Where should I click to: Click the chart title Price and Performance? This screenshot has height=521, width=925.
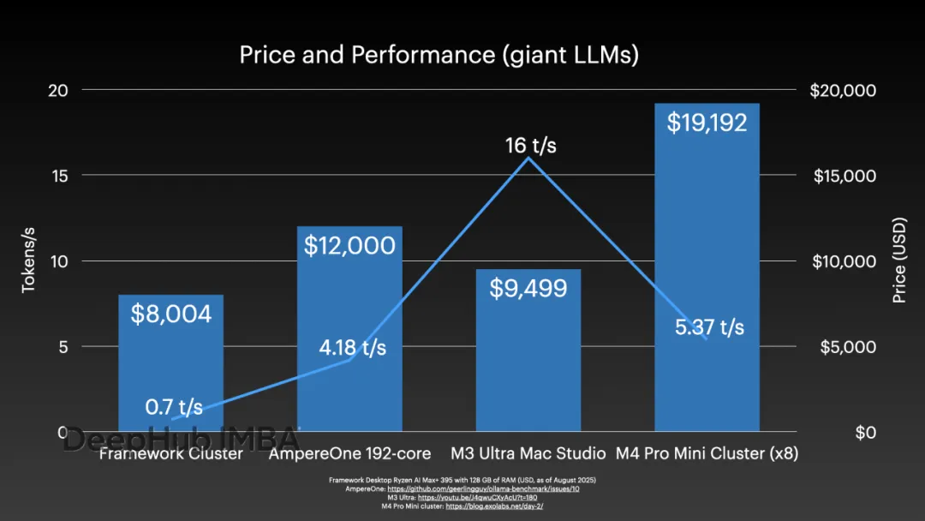(439, 56)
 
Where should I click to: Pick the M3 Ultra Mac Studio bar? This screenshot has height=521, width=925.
(528, 360)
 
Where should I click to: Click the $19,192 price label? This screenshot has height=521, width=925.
(707, 123)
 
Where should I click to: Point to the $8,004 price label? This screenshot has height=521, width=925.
(170, 314)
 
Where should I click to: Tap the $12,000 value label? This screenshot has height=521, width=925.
(349, 246)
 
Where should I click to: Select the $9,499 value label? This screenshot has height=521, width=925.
(528, 288)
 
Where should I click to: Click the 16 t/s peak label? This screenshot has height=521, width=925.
(530, 146)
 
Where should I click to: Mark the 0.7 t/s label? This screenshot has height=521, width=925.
(174, 406)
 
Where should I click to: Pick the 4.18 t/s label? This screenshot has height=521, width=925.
(352, 348)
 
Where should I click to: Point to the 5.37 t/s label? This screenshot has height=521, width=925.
(709, 327)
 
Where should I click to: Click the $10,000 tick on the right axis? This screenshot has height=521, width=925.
(843, 261)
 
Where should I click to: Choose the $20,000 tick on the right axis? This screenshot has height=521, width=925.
(843, 90)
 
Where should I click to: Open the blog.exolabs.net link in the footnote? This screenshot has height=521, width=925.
(494, 506)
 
